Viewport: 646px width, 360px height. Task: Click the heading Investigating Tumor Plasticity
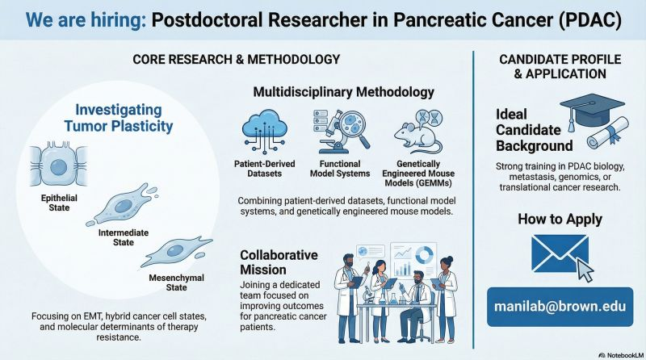point(119,119)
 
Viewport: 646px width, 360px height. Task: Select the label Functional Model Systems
point(338,169)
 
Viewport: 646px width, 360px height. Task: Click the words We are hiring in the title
point(77,19)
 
